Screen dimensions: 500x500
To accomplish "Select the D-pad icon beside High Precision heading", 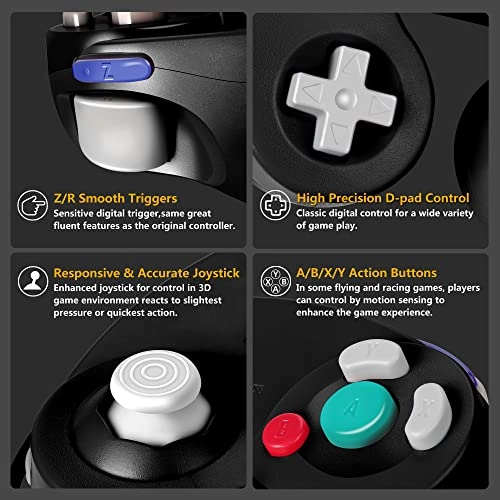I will (272, 206).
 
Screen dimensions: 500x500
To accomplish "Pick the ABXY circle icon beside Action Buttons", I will (272, 281).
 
